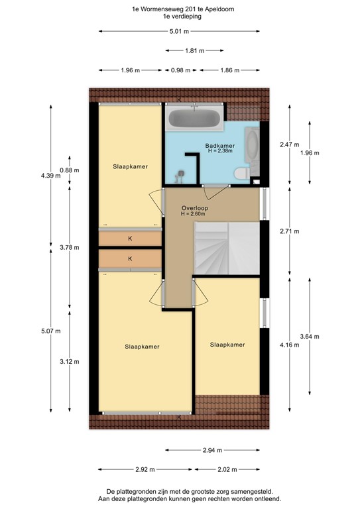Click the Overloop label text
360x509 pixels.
(x=195, y=208)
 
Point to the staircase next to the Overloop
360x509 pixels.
(x=225, y=248)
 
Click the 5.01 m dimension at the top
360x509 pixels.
(x=179, y=31)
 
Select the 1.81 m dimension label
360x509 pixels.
(x=194, y=50)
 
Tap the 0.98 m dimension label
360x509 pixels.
(x=178, y=70)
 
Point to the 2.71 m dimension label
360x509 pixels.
(x=290, y=231)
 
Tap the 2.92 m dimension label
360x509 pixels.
(x=145, y=470)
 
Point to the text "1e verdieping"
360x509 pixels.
(x=179, y=18)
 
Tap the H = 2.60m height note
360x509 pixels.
(x=195, y=215)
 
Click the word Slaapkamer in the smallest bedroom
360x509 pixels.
(x=227, y=345)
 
